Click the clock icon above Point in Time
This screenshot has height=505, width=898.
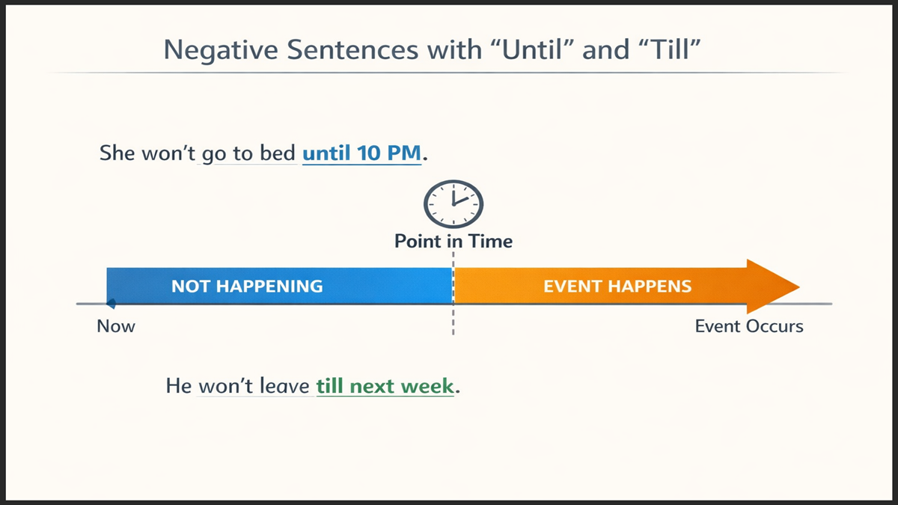point(453,203)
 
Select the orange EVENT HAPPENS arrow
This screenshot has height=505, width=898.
point(617,286)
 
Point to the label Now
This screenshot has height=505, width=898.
point(116,326)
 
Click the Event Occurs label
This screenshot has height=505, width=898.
point(749,326)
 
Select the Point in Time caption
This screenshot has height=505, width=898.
point(453,241)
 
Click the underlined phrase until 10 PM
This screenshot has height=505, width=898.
point(362,154)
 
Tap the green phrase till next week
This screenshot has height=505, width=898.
point(385,386)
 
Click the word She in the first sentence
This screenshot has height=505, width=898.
point(117,154)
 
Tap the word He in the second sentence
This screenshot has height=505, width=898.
point(179,386)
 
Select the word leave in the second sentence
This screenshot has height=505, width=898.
point(284,386)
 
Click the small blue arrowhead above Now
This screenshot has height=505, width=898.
point(110,304)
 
